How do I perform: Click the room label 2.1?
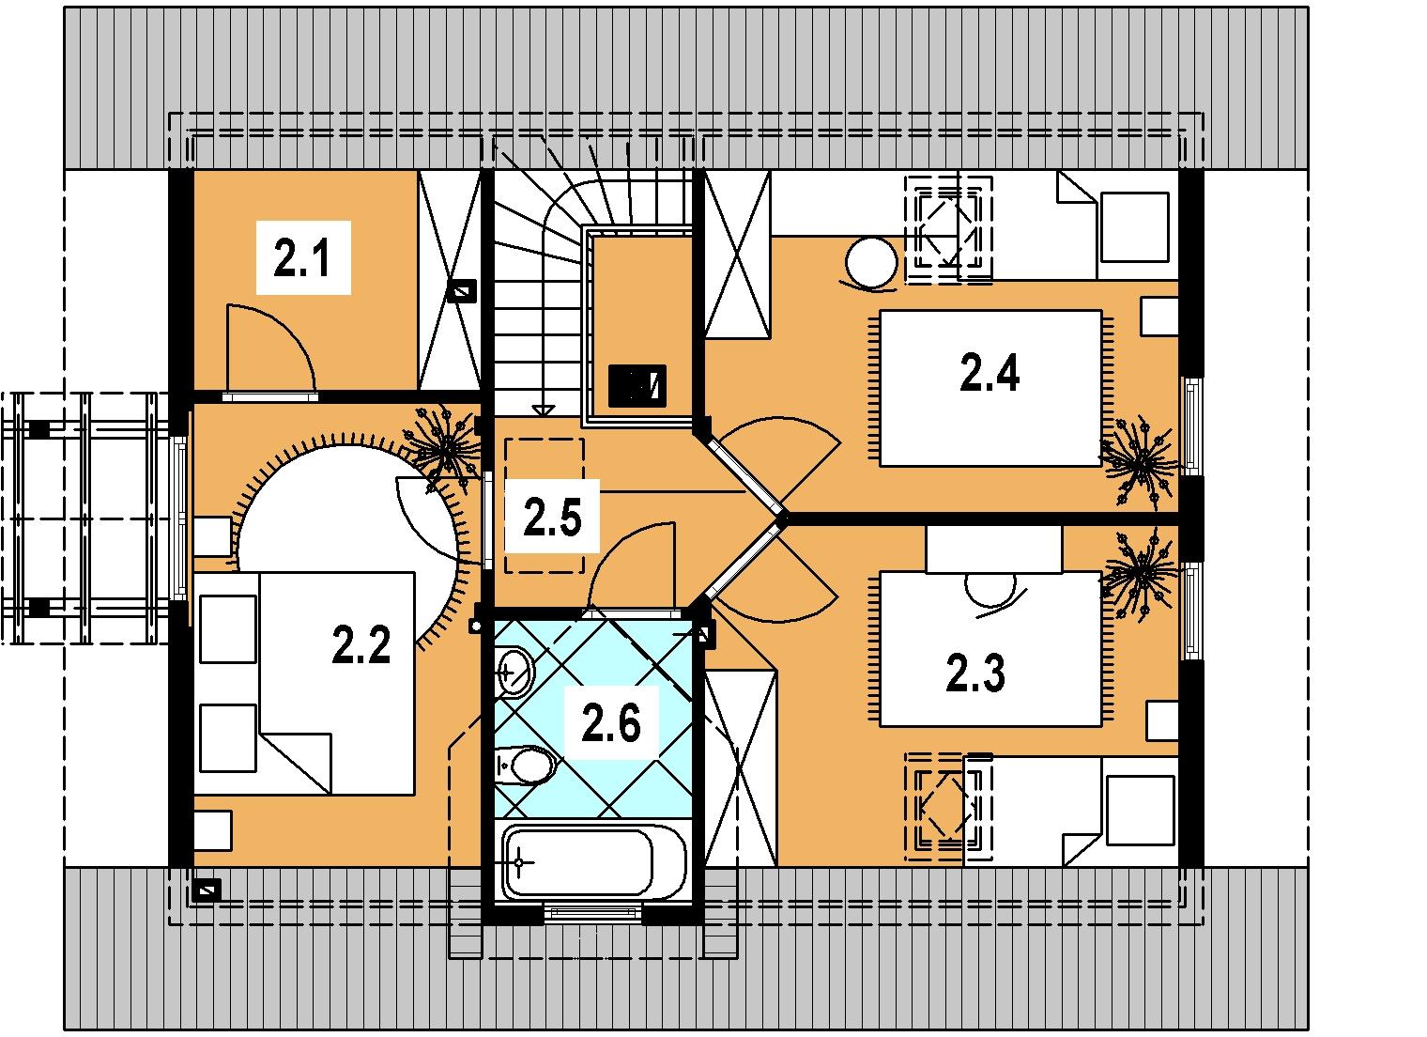click(302, 257)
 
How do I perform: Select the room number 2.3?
click(975, 673)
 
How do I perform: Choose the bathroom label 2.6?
click(611, 723)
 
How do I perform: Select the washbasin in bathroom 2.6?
click(514, 672)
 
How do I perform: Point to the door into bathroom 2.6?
click(631, 566)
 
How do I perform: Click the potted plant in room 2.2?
click(447, 446)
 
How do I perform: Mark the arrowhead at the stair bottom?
click(543, 410)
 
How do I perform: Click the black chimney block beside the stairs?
click(637, 386)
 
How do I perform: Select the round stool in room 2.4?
click(871, 263)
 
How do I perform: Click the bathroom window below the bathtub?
click(593, 913)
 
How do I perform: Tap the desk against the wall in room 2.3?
click(993, 549)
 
